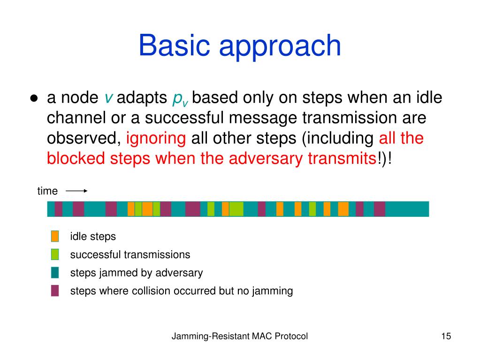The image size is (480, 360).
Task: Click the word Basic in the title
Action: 174,46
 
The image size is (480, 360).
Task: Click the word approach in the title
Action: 280,48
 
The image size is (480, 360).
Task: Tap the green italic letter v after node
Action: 109,98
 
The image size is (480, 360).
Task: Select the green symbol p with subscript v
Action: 180,100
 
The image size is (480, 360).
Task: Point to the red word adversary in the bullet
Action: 266,159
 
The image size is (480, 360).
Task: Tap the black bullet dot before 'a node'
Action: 34,98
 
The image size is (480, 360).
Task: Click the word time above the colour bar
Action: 47,191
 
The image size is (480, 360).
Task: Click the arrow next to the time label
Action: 76,191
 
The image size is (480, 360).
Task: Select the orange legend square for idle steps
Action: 55,237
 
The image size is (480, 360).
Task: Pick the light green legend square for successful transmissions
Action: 55,254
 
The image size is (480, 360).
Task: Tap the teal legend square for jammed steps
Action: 55,272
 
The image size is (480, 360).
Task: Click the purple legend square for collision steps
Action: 55,291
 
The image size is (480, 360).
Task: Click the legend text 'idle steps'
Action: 93,237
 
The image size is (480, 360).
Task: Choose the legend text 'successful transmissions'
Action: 130,254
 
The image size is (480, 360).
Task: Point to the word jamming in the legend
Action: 273,291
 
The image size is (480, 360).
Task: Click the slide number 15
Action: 446,336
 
